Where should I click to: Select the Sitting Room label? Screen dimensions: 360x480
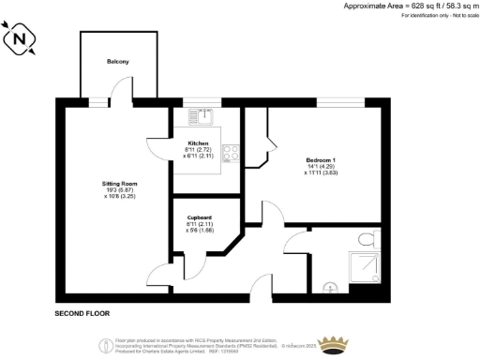click(x=118, y=184)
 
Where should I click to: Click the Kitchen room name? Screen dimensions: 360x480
click(x=198, y=142)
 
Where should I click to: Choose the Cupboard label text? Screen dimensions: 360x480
click(x=199, y=217)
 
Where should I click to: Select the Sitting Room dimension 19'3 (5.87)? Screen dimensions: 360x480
click(x=118, y=190)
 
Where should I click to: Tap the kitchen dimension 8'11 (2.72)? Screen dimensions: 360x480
click(x=198, y=149)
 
